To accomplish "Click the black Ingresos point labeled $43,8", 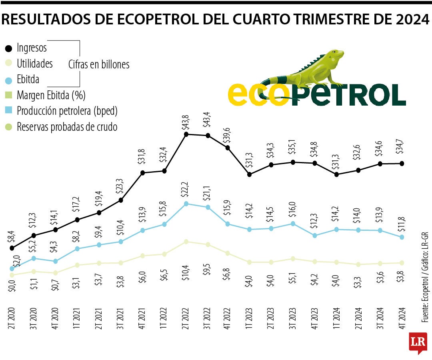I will coord(186,134).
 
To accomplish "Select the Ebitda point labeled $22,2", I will coord(186,204).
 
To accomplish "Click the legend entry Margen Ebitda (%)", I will coord(51,96).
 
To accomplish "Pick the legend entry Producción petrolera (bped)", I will coord(67,111).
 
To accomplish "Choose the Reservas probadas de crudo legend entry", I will coord(67,127).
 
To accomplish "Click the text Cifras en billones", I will coord(99,64).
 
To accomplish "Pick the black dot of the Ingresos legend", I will coord(8,48).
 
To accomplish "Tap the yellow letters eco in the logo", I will coord(258,95).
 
